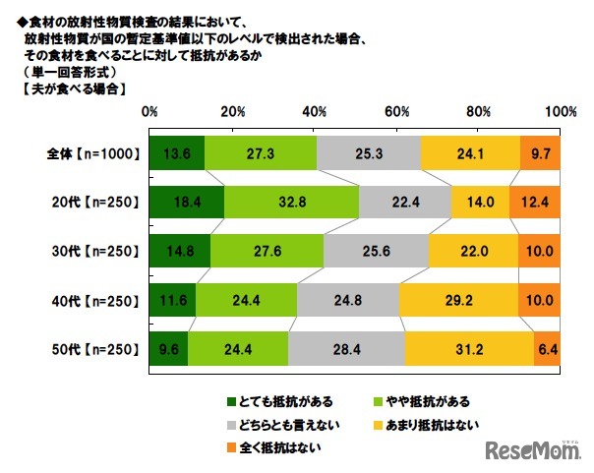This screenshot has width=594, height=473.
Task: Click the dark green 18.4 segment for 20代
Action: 187,203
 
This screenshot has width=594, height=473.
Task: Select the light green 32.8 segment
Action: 291,203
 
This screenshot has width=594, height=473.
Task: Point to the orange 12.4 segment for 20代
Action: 535,203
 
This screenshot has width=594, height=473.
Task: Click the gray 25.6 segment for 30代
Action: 376,251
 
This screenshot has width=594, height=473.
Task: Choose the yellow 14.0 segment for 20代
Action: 481,203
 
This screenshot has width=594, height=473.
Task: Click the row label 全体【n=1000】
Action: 95,154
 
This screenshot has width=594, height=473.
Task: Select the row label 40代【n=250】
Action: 96,299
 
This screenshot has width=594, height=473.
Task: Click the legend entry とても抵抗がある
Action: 271,401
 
